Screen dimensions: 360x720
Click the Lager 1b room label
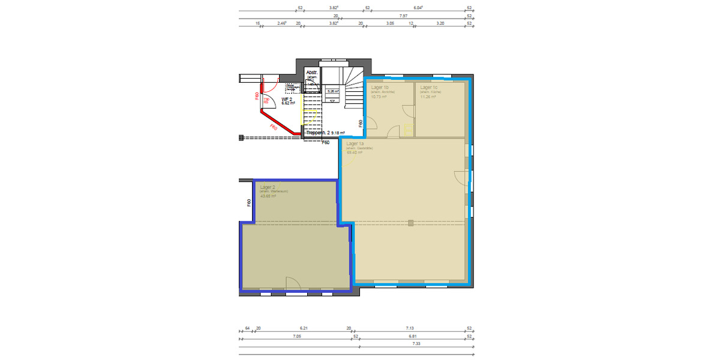pyautogui.click(x=380, y=88)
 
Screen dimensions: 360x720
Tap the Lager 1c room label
pyautogui.click(x=428, y=88)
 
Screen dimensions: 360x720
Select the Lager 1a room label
pyautogui.click(x=355, y=144)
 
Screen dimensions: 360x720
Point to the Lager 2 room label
pyautogui.click(x=267, y=187)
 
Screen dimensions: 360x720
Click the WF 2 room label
pyautogui.click(x=287, y=99)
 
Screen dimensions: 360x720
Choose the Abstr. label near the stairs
pyautogui.click(x=311, y=73)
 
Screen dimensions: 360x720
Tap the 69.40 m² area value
pyautogui.click(x=353, y=152)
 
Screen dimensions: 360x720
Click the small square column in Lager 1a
pyautogui.click(x=410, y=223)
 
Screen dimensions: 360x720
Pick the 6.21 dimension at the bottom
pyautogui.click(x=303, y=328)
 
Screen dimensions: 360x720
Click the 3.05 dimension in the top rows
pyautogui.click(x=389, y=23)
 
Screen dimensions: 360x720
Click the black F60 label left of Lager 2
pyautogui.click(x=248, y=203)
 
